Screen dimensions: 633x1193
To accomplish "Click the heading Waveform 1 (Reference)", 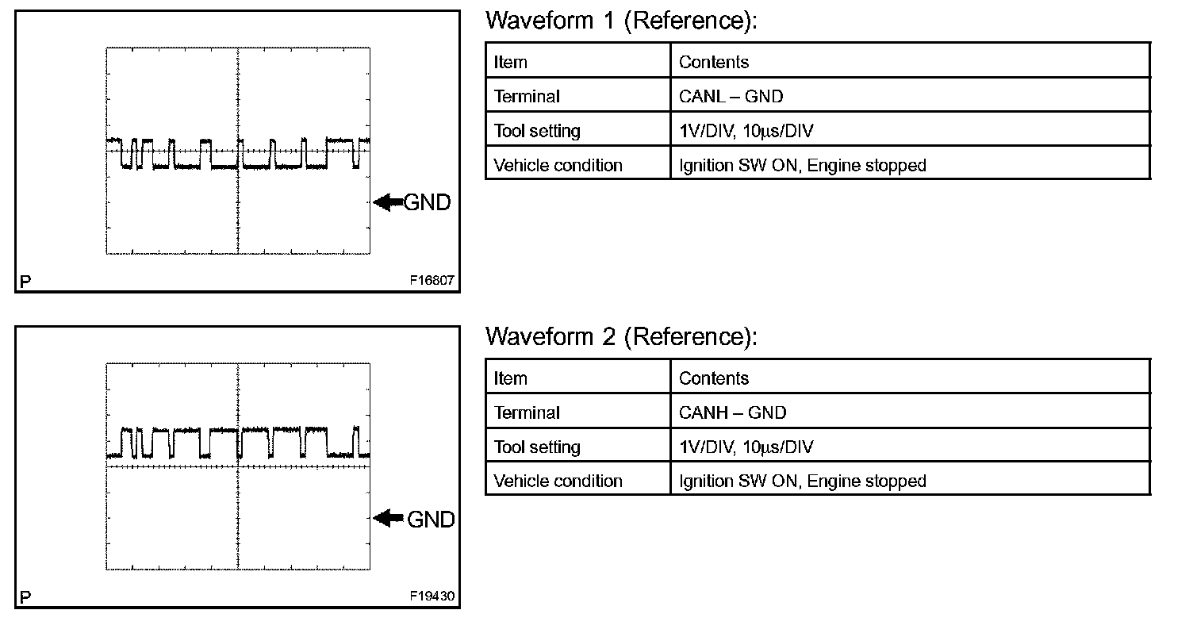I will coord(621,21).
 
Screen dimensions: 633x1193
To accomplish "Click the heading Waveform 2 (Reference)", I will coord(621,337).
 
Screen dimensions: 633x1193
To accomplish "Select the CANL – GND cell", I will coord(731,97).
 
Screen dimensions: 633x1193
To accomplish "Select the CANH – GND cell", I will coord(732,412).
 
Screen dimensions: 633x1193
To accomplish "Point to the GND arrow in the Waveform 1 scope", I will coord(388,203).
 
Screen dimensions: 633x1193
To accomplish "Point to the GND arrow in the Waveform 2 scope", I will coord(388,519).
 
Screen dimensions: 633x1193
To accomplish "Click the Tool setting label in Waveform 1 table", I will coord(536,131).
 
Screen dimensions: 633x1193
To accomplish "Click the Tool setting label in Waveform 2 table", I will coord(536,447).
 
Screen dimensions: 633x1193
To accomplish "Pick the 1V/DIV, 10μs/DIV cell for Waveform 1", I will coord(746,131).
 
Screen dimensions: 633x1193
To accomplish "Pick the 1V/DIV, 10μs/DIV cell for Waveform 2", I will coord(746,447).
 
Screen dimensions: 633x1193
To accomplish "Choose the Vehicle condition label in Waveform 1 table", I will coord(558,166).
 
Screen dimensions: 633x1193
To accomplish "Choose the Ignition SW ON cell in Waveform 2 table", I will coord(802,481).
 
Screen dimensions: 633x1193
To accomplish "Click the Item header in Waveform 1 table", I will coord(510,62).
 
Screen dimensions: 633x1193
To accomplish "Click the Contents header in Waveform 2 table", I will coord(713,378).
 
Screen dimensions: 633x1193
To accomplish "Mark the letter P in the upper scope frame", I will coord(25,282).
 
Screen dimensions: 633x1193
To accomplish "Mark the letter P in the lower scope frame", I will coord(25,598).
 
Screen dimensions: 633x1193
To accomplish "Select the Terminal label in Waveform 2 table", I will coord(526,412).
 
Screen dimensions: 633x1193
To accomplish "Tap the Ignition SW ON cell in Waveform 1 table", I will coord(802,166).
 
